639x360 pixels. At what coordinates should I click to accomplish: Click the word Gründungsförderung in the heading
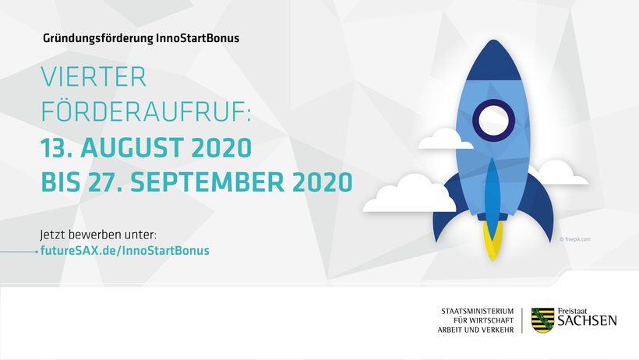(98, 39)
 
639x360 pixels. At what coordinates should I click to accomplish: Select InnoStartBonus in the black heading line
(198, 38)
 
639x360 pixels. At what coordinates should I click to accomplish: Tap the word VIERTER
(94, 77)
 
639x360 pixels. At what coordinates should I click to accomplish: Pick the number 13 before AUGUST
(54, 147)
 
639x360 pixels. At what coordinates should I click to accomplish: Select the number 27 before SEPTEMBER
(104, 182)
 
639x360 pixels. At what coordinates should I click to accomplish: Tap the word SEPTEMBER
(207, 182)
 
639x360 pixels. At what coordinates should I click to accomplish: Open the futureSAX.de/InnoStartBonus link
(125, 250)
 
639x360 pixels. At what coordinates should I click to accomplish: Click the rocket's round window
(493, 120)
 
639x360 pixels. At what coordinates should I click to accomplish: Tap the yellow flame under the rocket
(492, 241)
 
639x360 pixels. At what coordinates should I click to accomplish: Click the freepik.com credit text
(575, 239)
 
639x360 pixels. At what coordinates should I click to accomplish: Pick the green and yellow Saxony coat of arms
(543, 320)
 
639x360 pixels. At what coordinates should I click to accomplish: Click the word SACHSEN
(588, 320)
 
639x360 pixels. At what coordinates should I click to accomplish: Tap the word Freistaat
(573, 311)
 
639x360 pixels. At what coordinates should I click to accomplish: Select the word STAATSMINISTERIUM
(478, 311)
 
